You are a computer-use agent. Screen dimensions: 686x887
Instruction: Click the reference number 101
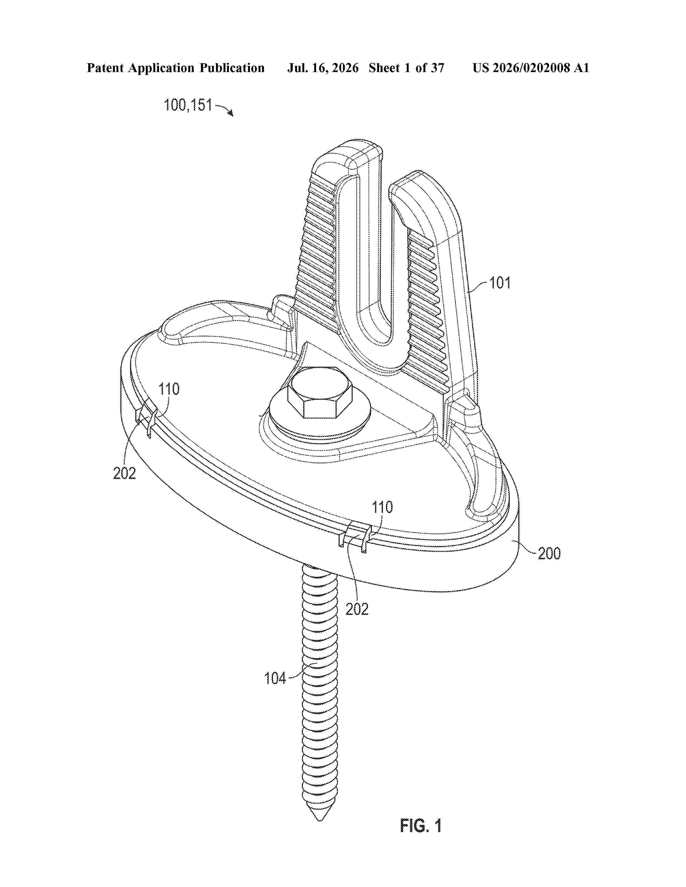tap(500, 283)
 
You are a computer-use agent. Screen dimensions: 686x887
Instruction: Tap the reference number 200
tap(549, 553)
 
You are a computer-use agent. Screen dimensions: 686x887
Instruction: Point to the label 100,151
tap(188, 105)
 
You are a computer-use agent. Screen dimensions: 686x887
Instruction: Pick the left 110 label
tap(169, 389)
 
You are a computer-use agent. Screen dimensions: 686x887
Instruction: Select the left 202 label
tap(124, 473)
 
